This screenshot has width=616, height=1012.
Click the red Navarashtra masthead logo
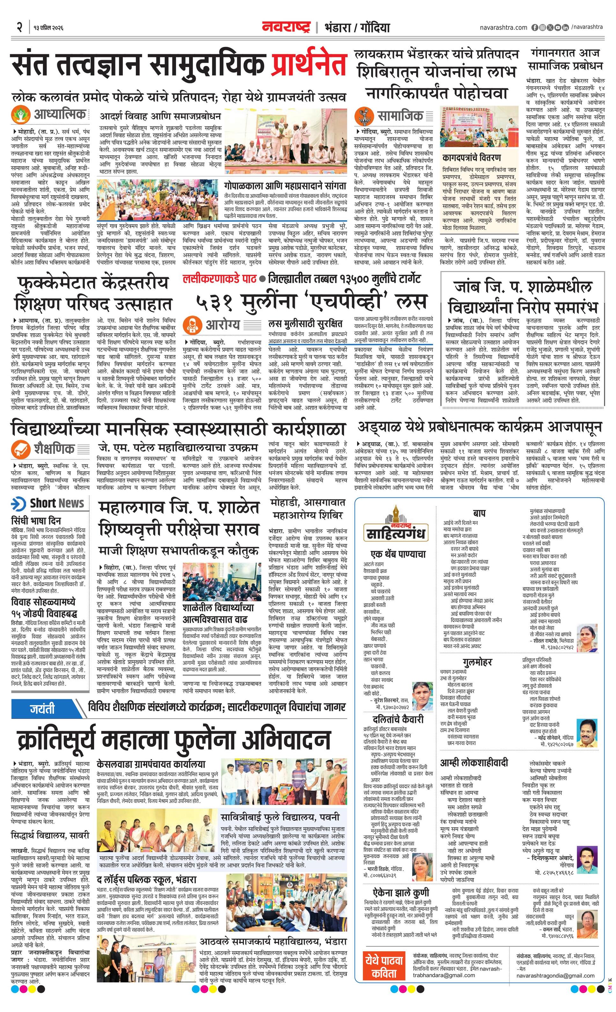[286, 27]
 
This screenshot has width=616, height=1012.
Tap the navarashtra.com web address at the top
[503, 27]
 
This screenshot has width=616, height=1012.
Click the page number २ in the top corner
[19, 27]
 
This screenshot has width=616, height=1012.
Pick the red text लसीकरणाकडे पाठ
[220, 279]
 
